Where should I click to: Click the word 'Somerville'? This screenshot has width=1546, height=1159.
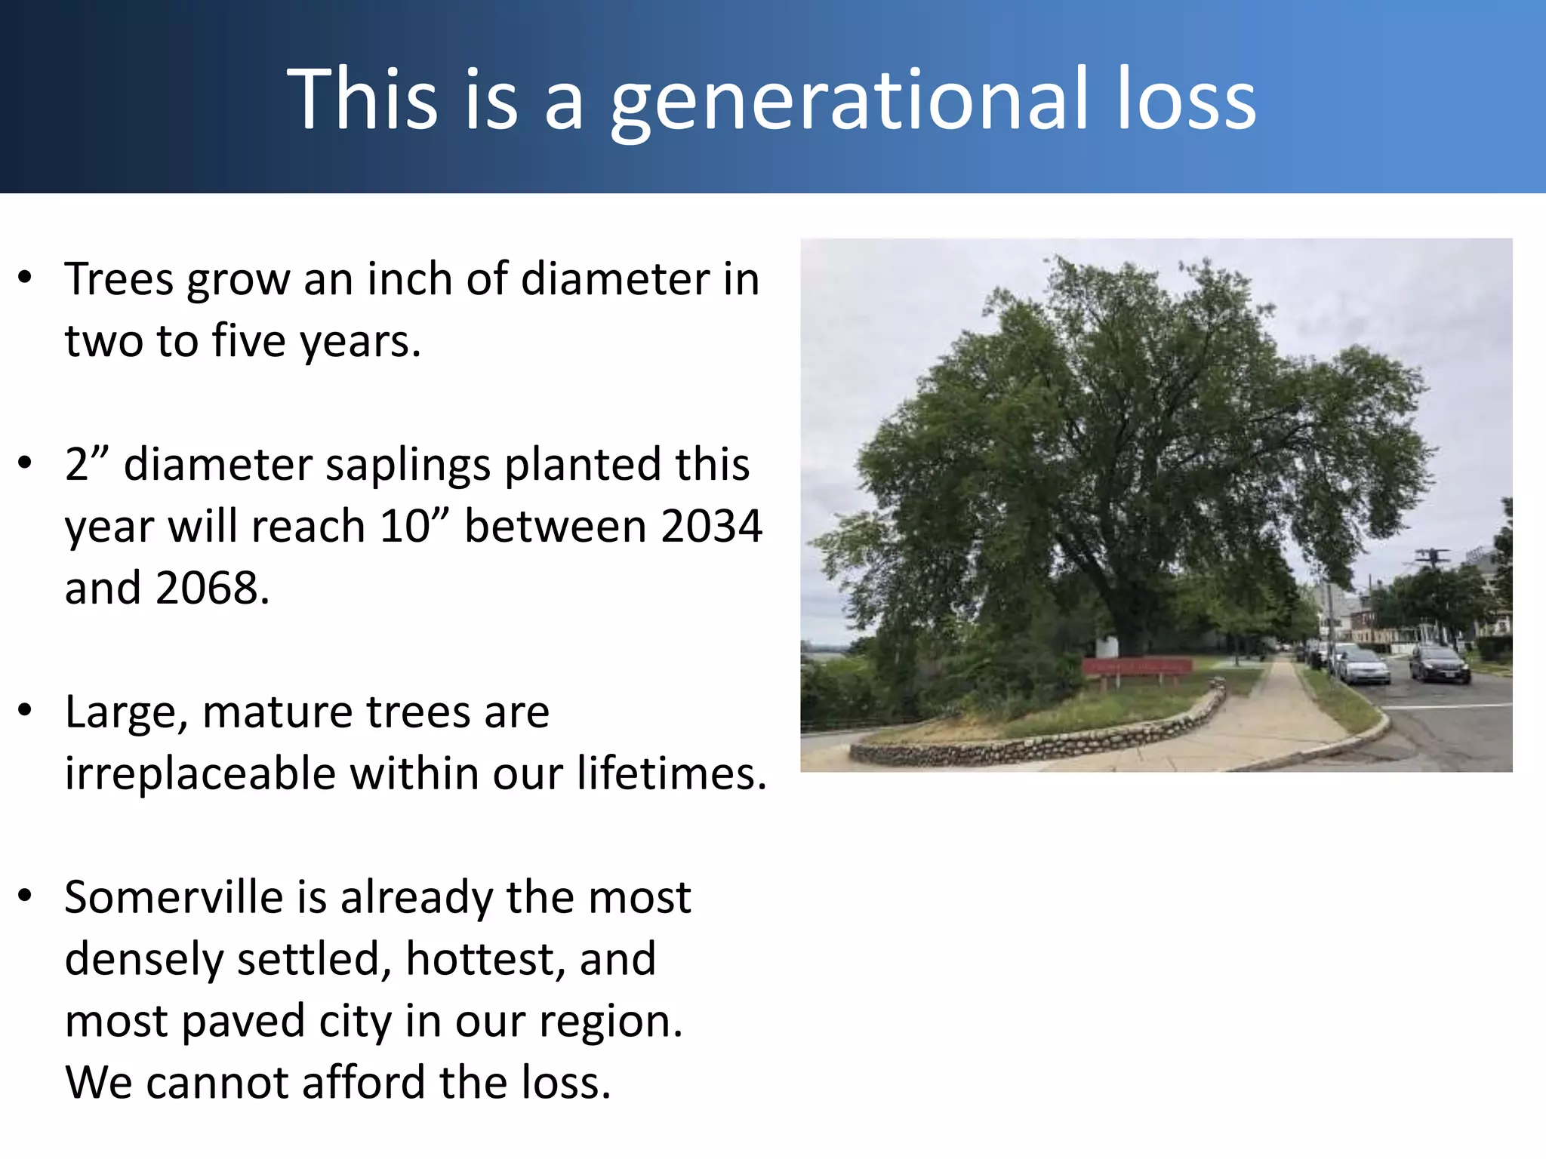pyautogui.click(x=174, y=897)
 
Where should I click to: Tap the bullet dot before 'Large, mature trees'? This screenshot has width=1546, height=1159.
pyautogui.click(x=26, y=710)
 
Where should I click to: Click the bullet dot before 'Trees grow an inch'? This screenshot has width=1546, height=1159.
pyautogui.click(x=26, y=278)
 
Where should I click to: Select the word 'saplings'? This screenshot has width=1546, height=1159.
pyautogui.click(x=408, y=466)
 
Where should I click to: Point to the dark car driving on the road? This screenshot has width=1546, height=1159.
pyautogui.click(x=1440, y=664)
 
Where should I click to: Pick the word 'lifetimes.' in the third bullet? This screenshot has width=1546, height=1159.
pyautogui.click(x=672, y=773)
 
